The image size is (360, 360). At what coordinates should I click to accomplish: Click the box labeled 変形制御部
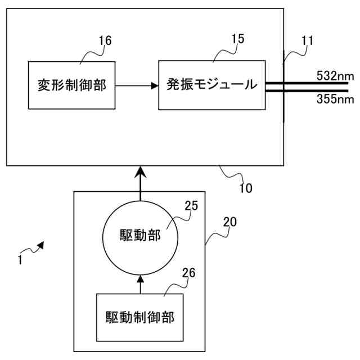pyautogui.click(x=71, y=85)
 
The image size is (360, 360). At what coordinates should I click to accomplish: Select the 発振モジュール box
pyautogui.click(x=211, y=85)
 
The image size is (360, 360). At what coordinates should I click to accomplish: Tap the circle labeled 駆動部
pyautogui.click(x=141, y=235)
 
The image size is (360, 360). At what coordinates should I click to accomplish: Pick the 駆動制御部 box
pyautogui.click(x=140, y=317)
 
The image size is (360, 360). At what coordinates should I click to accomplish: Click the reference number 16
pyautogui.click(x=105, y=40)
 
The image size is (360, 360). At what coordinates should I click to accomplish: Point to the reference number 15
pyautogui.click(x=238, y=39)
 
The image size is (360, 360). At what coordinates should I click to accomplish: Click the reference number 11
pyautogui.click(x=307, y=40)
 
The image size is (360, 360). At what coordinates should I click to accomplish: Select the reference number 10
pyautogui.click(x=246, y=187)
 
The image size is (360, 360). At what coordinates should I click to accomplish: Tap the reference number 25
pyautogui.click(x=191, y=206)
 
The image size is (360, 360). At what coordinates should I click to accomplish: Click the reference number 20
pyautogui.click(x=230, y=222)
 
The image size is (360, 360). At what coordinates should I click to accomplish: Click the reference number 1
pyautogui.click(x=20, y=260)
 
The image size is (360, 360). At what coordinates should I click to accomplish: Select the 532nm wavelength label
pyautogui.click(x=335, y=75)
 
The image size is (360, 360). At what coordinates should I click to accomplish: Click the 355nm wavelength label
pyautogui.click(x=335, y=100)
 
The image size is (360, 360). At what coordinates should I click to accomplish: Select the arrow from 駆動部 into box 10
pyautogui.click(x=141, y=183)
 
